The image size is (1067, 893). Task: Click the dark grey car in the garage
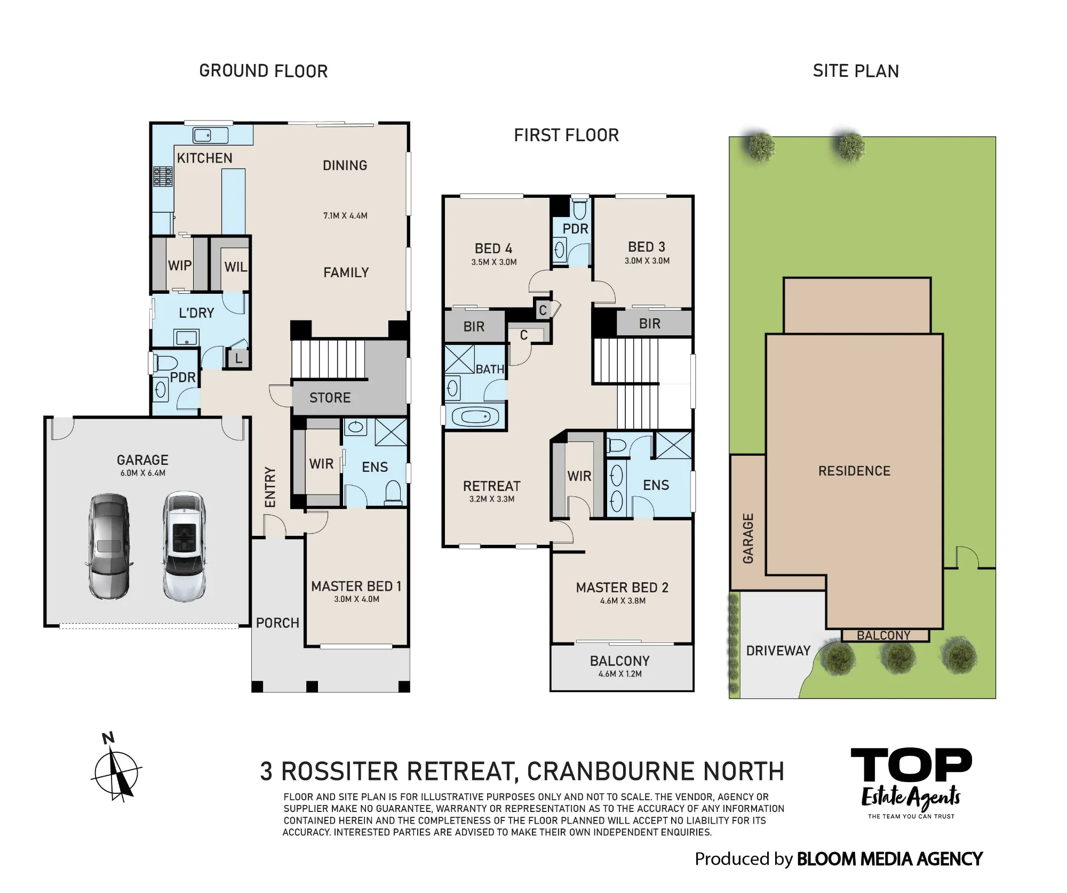[x=108, y=546]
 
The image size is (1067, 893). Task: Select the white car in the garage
[x=184, y=546]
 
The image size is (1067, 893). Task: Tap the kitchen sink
[x=210, y=135]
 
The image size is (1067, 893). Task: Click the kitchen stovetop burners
[x=163, y=176]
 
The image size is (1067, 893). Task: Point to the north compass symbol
[x=116, y=768]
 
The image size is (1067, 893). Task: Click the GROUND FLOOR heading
[x=264, y=71]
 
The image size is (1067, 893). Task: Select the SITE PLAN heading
[x=856, y=71]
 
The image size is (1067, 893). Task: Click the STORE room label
[x=330, y=398]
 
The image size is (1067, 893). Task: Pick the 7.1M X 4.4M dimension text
[x=345, y=216]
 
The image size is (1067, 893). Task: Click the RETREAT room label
[x=491, y=486]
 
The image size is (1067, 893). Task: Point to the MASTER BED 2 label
[x=622, y=588]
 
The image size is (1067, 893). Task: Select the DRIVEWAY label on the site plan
[x=778, y=650]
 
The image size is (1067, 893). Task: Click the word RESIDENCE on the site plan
[x=855, y=471]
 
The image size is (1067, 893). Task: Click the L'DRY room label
[x=196, y=313]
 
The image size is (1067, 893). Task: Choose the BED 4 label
[x=493, y=248]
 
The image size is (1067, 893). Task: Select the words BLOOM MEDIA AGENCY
[x=890, y=859]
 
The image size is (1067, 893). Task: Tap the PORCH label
[x=277, y=623]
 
